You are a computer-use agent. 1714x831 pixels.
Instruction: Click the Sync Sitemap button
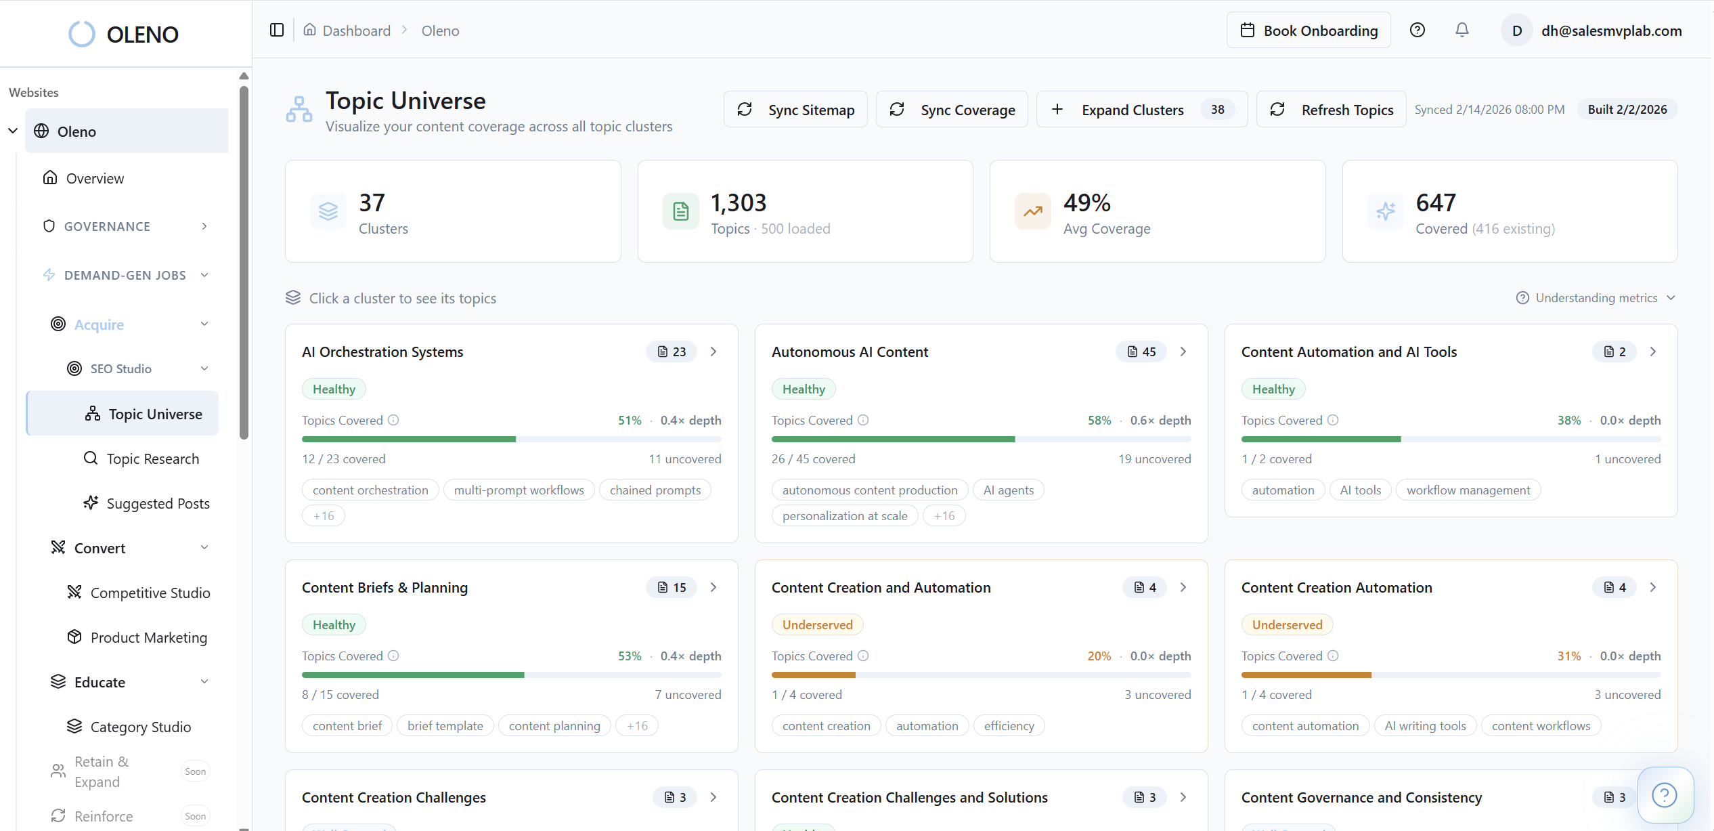click(x=795, y=110)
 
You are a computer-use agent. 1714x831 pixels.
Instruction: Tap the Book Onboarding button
click(x=1309, y=30)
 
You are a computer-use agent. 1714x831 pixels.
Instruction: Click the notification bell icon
click(x=1462, y=30)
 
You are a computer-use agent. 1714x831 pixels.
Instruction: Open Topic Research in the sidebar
click(x=152, y=459)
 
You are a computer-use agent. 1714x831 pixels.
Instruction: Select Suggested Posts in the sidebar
click(x=158, y=504)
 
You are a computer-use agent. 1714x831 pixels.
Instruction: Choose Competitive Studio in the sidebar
click(x=150, y=593)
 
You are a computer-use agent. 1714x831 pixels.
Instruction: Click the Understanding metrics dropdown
click(x=1596, y=298)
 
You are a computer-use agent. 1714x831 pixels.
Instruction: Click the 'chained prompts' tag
click(x=655, y=490)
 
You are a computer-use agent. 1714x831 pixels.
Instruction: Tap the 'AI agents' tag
click(x=1008, y=490)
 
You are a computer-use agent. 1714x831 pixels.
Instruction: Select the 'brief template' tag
click(x=445, y=726)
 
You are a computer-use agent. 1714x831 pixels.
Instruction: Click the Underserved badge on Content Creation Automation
click(x=1286, y=625)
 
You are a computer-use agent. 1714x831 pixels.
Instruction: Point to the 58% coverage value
click(x=1099, y=421)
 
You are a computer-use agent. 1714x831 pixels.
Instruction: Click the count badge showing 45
click(x=1141, y=352)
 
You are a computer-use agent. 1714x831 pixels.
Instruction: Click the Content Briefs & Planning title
click(x=384, y=588)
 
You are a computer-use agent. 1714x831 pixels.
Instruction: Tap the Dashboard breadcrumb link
click(x=356, y=31)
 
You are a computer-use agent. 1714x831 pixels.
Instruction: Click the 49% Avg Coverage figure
click(x=1086, y=203)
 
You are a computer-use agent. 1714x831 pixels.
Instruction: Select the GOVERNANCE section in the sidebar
click(x=107, y=227)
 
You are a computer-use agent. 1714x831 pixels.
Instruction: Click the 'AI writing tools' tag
click(x=1425, y=726)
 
